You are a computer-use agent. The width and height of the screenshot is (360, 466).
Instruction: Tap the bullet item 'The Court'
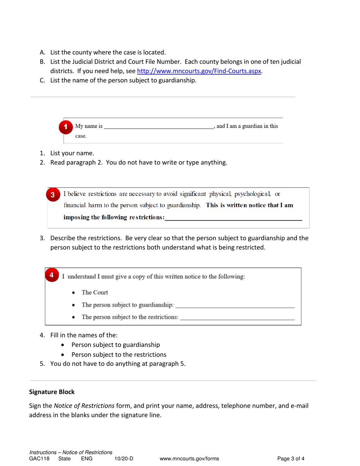click(95, 292)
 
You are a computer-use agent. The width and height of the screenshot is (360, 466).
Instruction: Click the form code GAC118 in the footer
click(39, 459)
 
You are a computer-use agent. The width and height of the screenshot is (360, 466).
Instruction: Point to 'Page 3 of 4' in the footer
click(291, 459)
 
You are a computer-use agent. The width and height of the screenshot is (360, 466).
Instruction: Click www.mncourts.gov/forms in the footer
click(189, 459)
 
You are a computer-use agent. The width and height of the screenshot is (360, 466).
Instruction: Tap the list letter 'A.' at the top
click(43, 53)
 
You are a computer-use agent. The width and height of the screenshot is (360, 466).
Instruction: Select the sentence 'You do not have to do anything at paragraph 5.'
click(118, 364)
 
